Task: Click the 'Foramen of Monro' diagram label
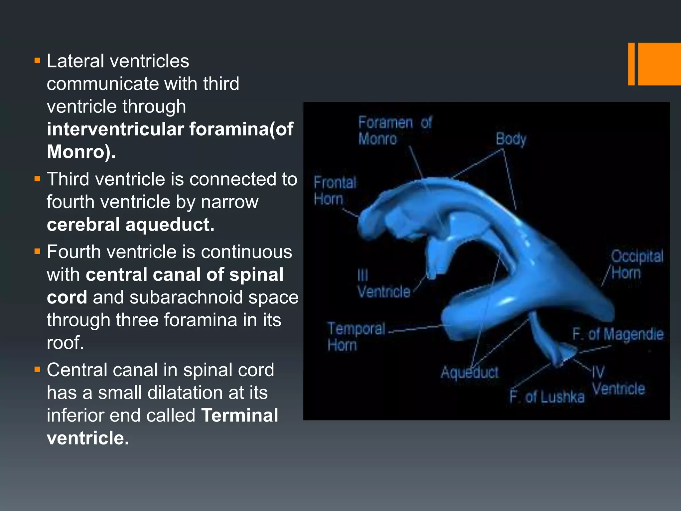[395, 130]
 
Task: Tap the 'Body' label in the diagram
[511, 139]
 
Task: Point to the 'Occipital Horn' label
[636, 264]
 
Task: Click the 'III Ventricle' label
[383, 284]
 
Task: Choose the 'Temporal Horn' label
[356, 336]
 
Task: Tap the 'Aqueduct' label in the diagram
[470, 372]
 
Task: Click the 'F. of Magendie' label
[617, 334]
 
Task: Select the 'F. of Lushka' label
[547, 397]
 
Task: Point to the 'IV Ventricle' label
[618, 381]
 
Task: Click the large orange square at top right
[659, 64]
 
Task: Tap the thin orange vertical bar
[631, 64]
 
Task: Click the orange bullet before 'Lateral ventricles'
[37, 61]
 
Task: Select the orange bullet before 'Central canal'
[37, 369]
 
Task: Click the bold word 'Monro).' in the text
[81, 152]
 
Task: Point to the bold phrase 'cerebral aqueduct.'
[130, 225]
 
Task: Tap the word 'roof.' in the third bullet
[65, 343]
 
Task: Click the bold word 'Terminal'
[239, 415]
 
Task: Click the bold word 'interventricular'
[115, 129]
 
